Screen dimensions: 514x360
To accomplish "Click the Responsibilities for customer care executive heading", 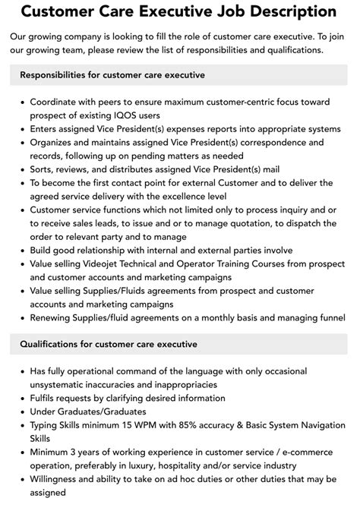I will click(112, 75).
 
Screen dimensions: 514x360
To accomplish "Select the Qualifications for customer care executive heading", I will click(109, 344).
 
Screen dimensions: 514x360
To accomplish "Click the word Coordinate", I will click(58, 101).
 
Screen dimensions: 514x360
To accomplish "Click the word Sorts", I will click(44, 169).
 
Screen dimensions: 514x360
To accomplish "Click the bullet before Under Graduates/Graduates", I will click(22, 412).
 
